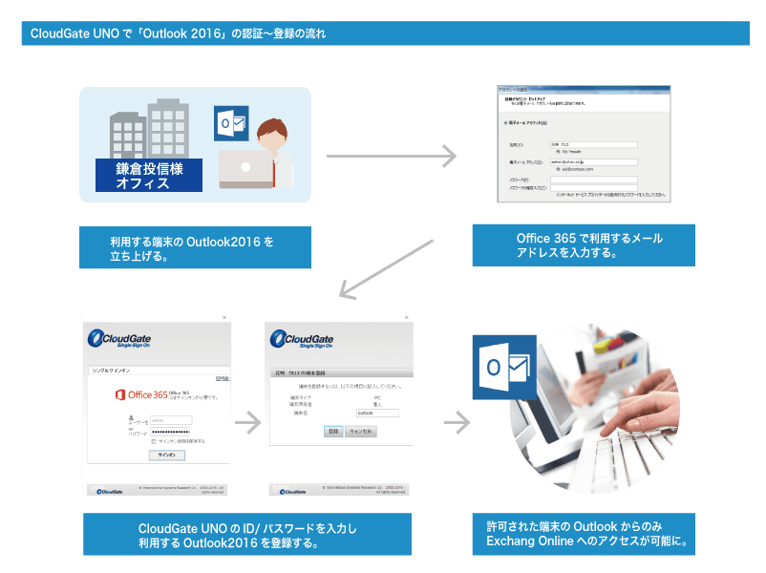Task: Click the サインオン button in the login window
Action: click(166, 456)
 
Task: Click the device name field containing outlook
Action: click(376, 413)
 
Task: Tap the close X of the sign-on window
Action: click(225, 317)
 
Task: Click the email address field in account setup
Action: click(593, 161)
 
